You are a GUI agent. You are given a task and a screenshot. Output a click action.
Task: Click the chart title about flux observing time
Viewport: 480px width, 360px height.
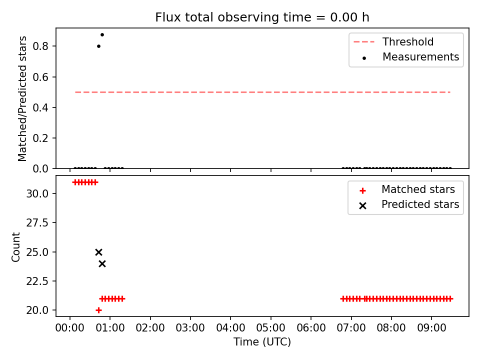coord(262,17)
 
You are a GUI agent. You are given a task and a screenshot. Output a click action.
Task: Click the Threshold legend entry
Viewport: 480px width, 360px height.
coord(393,41)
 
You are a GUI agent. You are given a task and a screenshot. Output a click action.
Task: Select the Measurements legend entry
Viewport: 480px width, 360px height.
coord(410,57)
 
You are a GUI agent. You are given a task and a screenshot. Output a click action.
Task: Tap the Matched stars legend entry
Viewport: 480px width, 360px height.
coord(407,189)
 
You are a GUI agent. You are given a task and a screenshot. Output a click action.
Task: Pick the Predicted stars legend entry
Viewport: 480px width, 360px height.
coord(409,204)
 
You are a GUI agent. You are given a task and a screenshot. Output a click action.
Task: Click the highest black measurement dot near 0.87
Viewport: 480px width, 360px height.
coord(102,34)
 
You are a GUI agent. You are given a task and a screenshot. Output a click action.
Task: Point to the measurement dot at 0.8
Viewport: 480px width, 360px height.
coord(98,46)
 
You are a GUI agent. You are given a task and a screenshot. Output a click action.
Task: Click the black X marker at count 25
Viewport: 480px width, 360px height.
coord(98,252)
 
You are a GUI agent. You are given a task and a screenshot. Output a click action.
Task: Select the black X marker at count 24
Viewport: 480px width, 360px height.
coord(102,263)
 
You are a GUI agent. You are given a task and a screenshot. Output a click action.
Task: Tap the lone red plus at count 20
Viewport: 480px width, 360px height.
coord(98,310)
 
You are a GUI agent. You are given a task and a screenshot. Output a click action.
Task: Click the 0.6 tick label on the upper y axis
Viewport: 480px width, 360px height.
coord(40,77)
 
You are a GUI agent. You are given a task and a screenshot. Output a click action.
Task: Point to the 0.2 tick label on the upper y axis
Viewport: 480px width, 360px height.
coord(40,138)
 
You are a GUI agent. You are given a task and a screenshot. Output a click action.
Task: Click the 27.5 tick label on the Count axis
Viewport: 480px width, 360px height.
coord(37,223)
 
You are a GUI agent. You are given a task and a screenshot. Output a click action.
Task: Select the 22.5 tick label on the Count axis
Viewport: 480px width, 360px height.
coord(37,281)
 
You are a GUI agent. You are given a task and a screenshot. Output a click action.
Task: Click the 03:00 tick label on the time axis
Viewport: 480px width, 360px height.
coord(190,328)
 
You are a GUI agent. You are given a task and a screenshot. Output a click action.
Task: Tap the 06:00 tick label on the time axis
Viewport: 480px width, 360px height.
coord(311,328)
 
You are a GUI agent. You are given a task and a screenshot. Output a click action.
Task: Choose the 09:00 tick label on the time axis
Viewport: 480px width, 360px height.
coord(431,328)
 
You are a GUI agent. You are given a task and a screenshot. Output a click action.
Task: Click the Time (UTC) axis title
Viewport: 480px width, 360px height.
coord(262,341)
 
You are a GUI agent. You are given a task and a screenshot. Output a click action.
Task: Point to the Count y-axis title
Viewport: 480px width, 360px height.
coord(15,247)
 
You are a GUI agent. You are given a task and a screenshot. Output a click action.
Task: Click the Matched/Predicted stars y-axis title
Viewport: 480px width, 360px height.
coord(22,98)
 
